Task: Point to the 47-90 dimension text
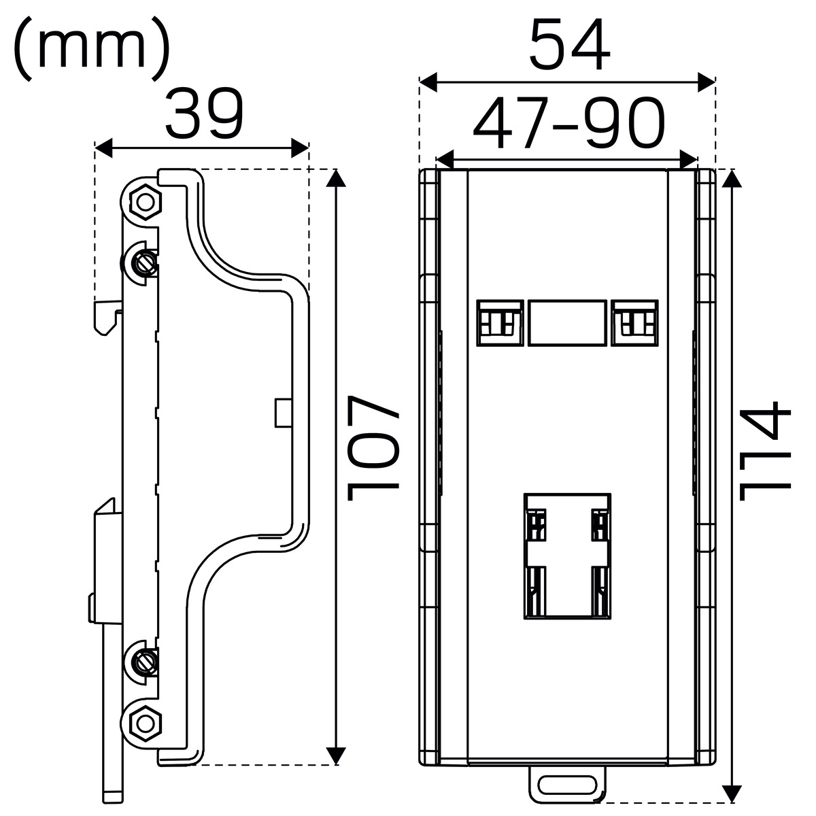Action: (568, 123)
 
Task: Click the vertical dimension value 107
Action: (373, 448)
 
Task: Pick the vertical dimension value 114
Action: (765, 451)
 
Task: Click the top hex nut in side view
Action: (146, 203)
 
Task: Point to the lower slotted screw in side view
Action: (146, 660)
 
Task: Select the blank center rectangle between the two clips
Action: (567, 323)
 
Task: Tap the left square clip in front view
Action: (500, 323)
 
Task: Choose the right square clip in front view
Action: (634, 323)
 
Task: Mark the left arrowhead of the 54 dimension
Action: (428, 82)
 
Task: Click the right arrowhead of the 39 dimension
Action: (300, 148)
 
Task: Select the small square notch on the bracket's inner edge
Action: (284, 413)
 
